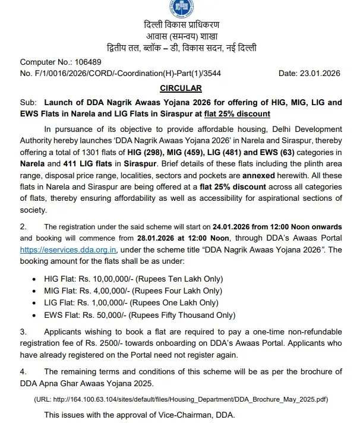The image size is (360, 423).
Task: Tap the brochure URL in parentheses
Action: [x=181, y=399]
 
